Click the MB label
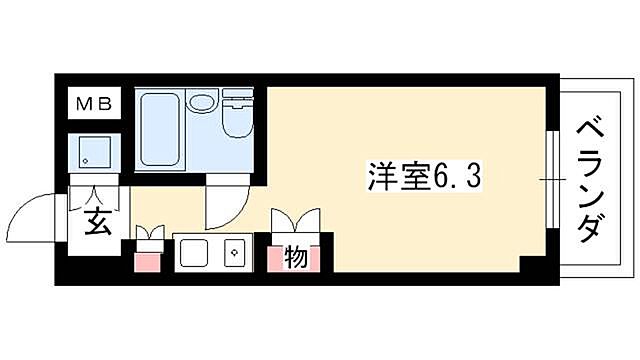pos(94,103)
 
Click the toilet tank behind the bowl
pos(240,99)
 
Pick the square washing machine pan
pos(94,152)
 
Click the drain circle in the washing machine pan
pos(87,160)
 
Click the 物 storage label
pos(296,257)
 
